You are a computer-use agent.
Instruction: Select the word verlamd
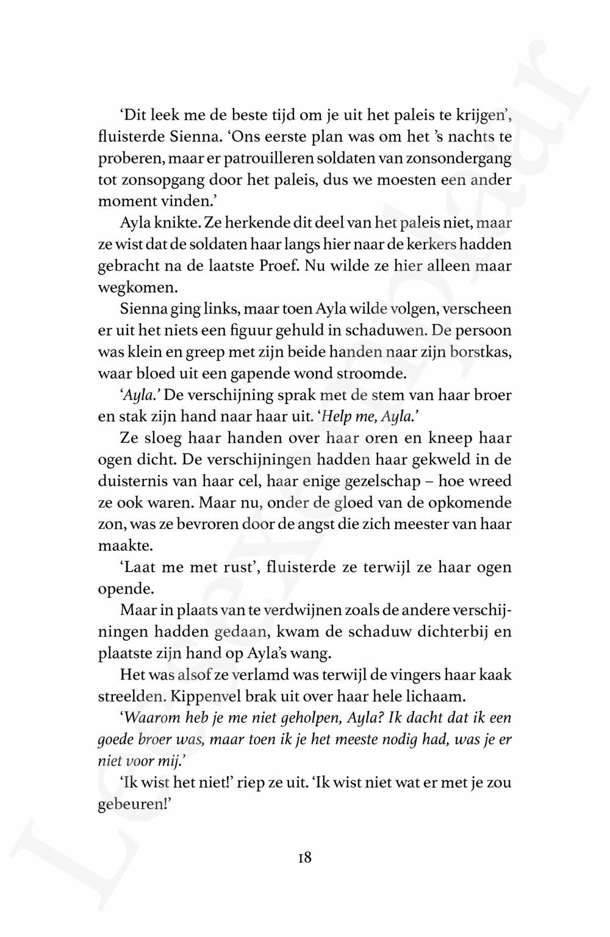coord(257,675)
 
